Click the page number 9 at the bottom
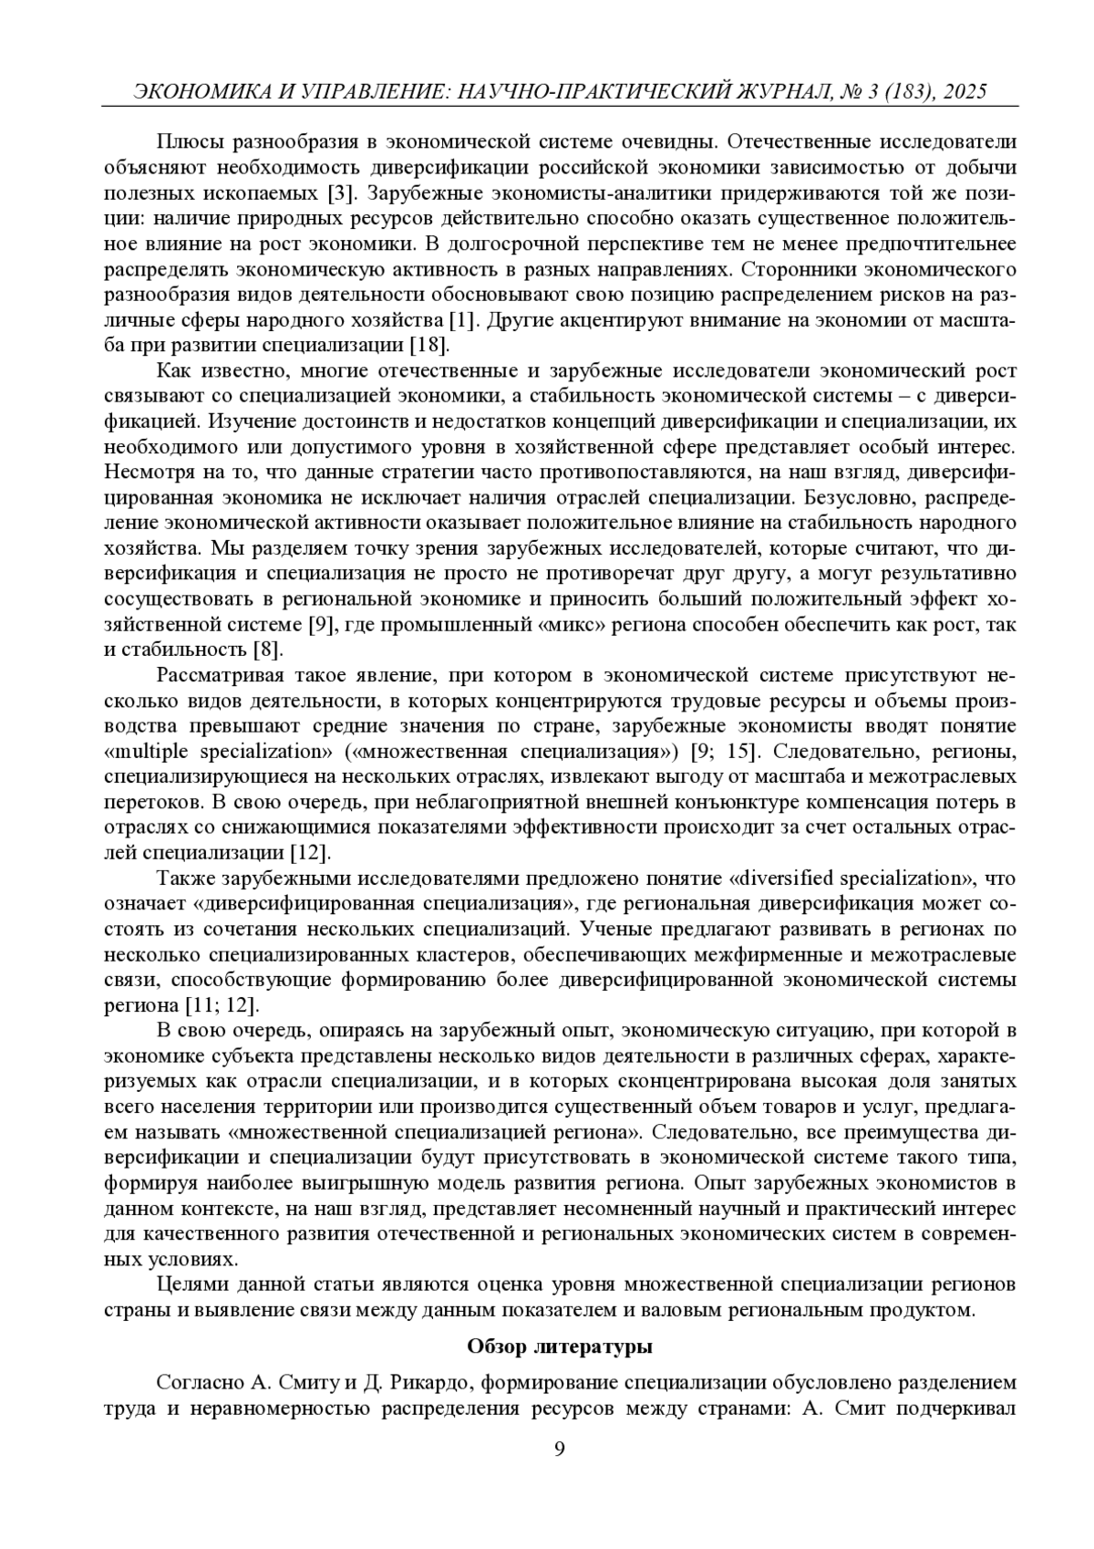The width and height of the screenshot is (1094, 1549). [x=560, y=1450]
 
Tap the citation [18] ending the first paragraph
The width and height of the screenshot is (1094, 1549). [x=428, y=347]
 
